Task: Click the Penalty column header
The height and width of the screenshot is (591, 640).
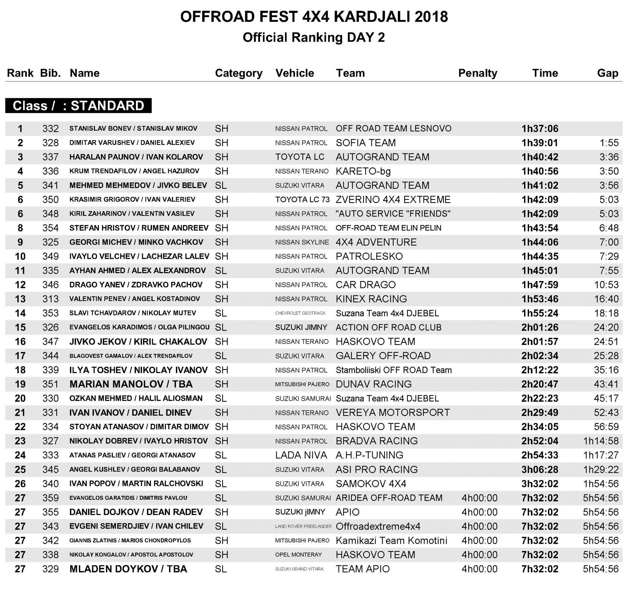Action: click(477, 73)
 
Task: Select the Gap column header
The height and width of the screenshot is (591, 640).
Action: click(607, 73)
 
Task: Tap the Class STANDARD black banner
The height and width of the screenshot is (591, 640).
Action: click(78, 106)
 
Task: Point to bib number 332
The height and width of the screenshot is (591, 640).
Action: click(51, 128)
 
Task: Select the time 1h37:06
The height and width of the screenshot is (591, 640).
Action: click(540, 128)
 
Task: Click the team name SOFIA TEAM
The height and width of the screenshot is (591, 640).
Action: click(365, 143)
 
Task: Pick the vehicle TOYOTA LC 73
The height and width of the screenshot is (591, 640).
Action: click(302, 200)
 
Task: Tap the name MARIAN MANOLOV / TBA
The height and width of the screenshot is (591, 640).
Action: click(131, 384)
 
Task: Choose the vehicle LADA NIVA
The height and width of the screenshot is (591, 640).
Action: click(301, 455)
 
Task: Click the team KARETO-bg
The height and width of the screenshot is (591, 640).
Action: click(363, 171)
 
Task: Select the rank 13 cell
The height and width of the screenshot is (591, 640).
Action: click(20, 299)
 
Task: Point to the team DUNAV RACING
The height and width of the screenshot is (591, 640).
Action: click(373, 384)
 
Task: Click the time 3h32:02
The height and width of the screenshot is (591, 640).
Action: click(540, 483)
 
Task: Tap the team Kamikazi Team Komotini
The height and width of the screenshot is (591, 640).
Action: click(391, 540)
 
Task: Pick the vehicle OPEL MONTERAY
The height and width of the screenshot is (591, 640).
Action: click(298, 554)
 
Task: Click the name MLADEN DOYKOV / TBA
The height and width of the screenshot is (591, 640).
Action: click(128, 569)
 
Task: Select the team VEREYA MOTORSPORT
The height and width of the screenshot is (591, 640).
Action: click(392, 413)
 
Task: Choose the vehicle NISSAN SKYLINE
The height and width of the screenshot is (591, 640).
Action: click(302, 242)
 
